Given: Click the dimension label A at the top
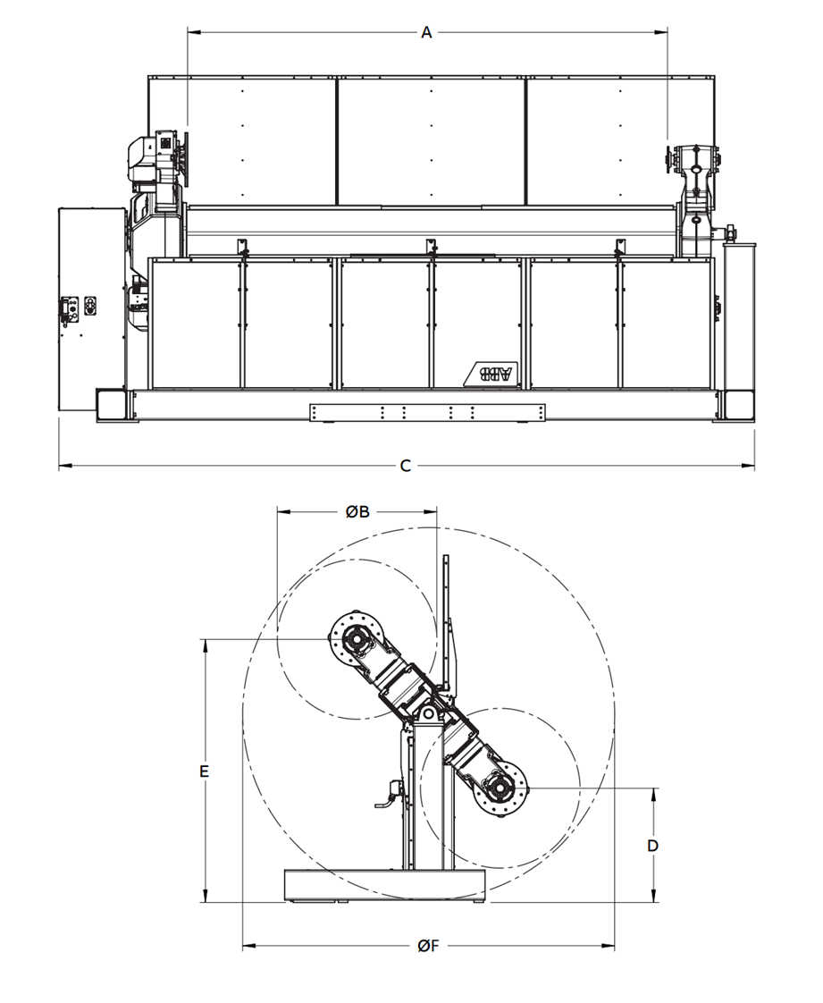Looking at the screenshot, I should click(x=426, y=32).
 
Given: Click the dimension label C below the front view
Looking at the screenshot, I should click(x=405, y=466).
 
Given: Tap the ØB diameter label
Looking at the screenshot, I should click(x=357, y=511).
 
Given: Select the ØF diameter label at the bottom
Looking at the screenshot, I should click(x=428, y=946).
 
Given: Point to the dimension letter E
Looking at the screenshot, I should click(x=205, y=771).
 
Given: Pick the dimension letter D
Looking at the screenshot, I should click(x=653, y=845).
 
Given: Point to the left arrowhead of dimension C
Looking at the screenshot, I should click(x=63, y=466).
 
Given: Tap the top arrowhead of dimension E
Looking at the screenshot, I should click(x=205, y=643).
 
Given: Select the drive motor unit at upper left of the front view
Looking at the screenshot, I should click(x=156, y=161).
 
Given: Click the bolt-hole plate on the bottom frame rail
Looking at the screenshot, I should click(x=427, y=412).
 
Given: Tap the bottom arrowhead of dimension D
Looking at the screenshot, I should click(x=653, y=898).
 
